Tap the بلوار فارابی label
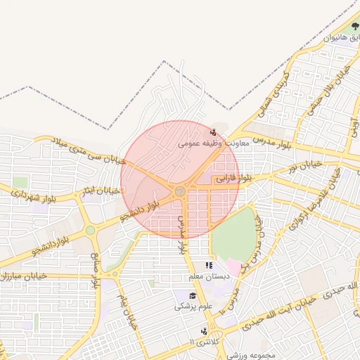(x=232, y=179)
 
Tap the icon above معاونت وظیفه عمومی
(x=214, y=131)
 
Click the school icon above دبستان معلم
(x=208, y=265)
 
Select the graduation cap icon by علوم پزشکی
(x=193, y=295)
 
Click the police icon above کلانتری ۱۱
(x=204, y=330)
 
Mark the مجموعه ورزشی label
(x=250, y=354)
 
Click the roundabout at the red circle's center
(x=181, y=191)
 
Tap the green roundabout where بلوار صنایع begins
(x=90, y=230)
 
